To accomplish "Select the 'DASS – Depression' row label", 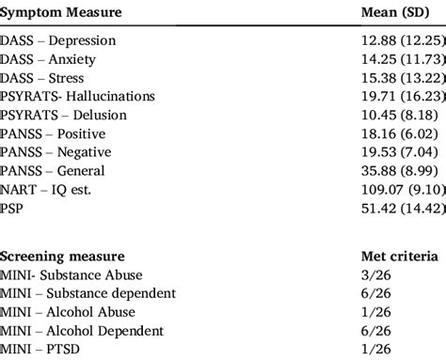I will click(x=59, y=41).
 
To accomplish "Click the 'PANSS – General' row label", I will click(x=54, y=170).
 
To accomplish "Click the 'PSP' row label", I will click(x=15, y=208).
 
